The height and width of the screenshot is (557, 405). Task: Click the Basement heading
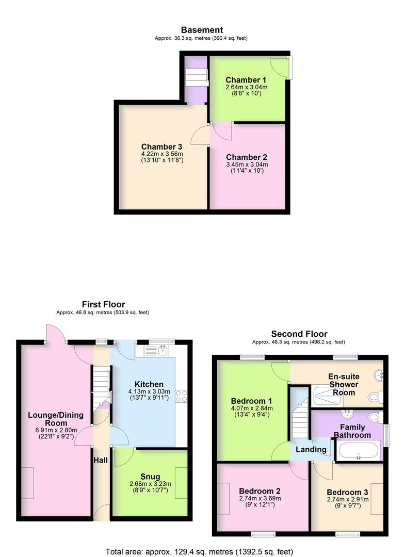click(x=201, y=30)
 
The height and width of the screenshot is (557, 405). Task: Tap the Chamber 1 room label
click(x=247, y=80)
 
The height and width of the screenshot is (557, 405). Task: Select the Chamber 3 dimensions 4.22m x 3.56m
click(x=161, y=154)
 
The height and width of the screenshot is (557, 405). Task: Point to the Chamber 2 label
click(x=247, y=157)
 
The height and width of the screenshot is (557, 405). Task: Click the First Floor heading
click(x=103, y=304)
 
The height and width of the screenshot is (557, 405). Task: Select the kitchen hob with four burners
click(x=182, y=396)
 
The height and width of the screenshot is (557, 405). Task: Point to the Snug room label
click(x=150, y=477)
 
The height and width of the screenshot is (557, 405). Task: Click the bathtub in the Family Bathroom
click(x=359, y=450)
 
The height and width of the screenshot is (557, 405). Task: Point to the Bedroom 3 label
click(x=347, y=492)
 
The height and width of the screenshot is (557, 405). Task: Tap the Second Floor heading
click(x=299, y=334)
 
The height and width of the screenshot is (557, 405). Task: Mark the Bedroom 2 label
click(x=259, y=492)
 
